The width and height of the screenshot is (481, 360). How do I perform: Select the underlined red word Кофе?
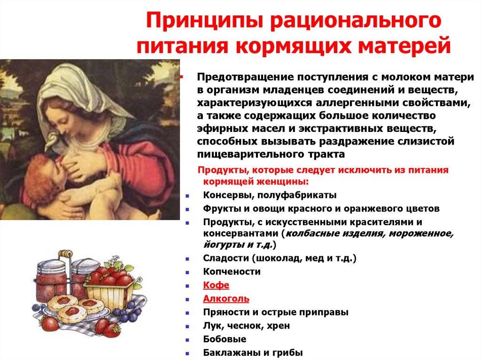216,285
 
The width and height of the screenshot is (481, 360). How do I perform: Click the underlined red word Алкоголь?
226,299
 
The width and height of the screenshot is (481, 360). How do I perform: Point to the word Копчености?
232,272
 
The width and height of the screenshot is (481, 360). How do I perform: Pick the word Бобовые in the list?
225,339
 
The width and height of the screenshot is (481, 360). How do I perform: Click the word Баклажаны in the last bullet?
232,352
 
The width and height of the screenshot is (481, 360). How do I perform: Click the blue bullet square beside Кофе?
187,286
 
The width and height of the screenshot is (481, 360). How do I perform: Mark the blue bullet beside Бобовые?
187,340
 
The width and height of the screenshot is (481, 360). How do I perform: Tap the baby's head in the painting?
43,171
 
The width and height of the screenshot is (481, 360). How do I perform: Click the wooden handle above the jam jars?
65,253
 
